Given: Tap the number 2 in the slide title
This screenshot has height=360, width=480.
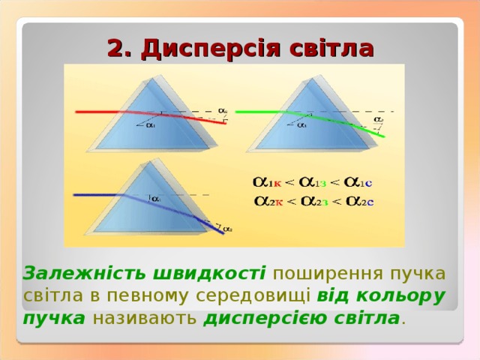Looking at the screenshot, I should click(x=116, y=49).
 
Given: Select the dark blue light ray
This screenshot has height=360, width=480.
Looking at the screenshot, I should click(x=97, y=195).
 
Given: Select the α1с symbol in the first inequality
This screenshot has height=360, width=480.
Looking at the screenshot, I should click(x=361, y=182).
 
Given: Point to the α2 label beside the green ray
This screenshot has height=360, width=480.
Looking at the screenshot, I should click(x=379, y=119).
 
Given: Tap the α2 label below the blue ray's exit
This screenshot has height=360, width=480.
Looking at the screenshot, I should click(x=225, y=227).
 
